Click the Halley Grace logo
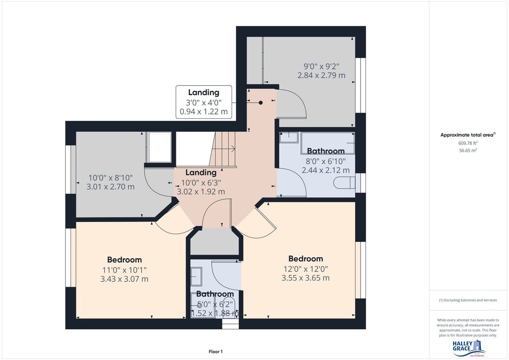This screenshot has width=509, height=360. pyautogui.click(x=469, y=349)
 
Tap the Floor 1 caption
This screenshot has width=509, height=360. pyautogui.click(x=215, y=352)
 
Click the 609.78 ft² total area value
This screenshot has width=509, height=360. pyautogui.click(x=468, y=143)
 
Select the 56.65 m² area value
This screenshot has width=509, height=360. pyautogui.click(x=468, y=150)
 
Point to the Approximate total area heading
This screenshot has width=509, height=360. pyautogui.click(x=468, y=135)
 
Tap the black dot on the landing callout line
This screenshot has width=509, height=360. pyautogui.click(x=260, y=103)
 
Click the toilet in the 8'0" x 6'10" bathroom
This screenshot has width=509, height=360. pyautogui.click(x=344, y=183)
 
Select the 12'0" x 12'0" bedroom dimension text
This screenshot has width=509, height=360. pyautogui.click(x=306, y=269)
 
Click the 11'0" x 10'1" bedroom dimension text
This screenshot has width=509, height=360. pyautogui.click(x=124, y=270)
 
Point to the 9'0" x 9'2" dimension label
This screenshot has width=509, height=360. pyautogui.click(x=322, y=66)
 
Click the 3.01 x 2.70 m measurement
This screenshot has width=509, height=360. pyautogui.click(x=110, y=187)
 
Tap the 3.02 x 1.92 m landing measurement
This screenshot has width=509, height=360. pyautogui.click(x=201, y=192)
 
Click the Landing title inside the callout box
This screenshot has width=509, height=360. pyautogui.click(x=204, y=92)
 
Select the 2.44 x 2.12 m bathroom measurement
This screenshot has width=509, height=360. pyautogui.click(x=326, y=170)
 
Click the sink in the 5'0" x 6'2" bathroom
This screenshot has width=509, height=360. pyautogui.click(x=196, y=276)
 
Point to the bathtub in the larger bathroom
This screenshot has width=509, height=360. pyautogui.click(x=327, y=143)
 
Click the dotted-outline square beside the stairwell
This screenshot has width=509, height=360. pyautogui.click(x=160, y=147)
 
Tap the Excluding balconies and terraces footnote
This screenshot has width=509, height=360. pyautogui.click(x=468, y=300)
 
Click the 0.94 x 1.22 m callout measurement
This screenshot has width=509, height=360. pyautogui.click(x=204, y=112)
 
